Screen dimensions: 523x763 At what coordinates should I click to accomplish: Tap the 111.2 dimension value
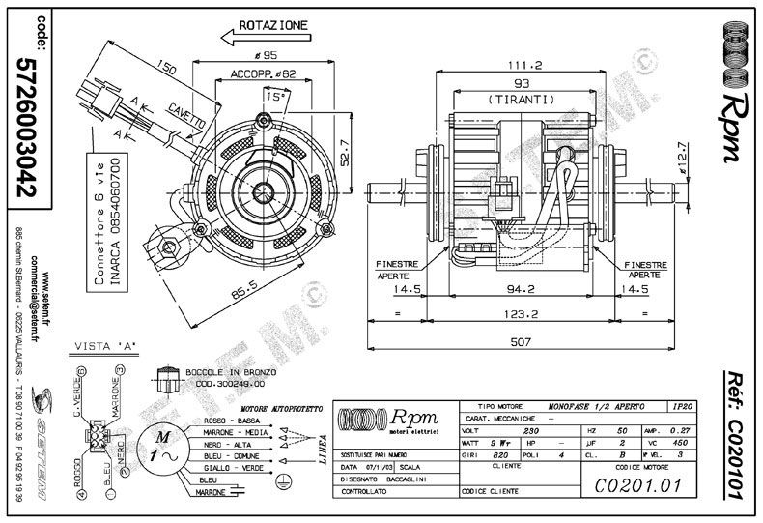tap(524, 64)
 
